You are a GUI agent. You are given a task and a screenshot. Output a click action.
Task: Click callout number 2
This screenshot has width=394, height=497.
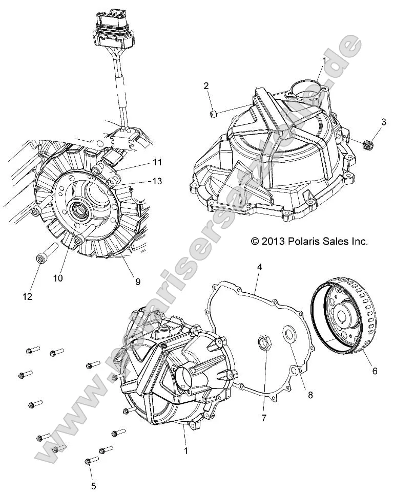pyautogui.click(x=206, y=85)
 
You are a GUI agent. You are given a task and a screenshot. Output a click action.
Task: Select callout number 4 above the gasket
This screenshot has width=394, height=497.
pyautogui.click(x=260, y=267)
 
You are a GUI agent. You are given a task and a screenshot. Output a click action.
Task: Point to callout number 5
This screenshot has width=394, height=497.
pyautogui.click(x=93, y=486)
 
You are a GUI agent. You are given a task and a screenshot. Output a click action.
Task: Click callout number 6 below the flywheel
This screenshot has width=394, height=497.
pyautogui.click(x=375, y=371)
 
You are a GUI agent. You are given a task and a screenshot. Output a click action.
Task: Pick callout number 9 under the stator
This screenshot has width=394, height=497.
pyautogui.click(x=137, y=281)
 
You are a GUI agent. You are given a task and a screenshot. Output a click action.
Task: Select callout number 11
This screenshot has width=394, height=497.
pyautogui.click(x=157, y=162)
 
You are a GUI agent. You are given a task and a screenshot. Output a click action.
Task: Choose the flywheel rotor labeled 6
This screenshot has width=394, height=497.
pyautogui.click(x=342, y=317)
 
